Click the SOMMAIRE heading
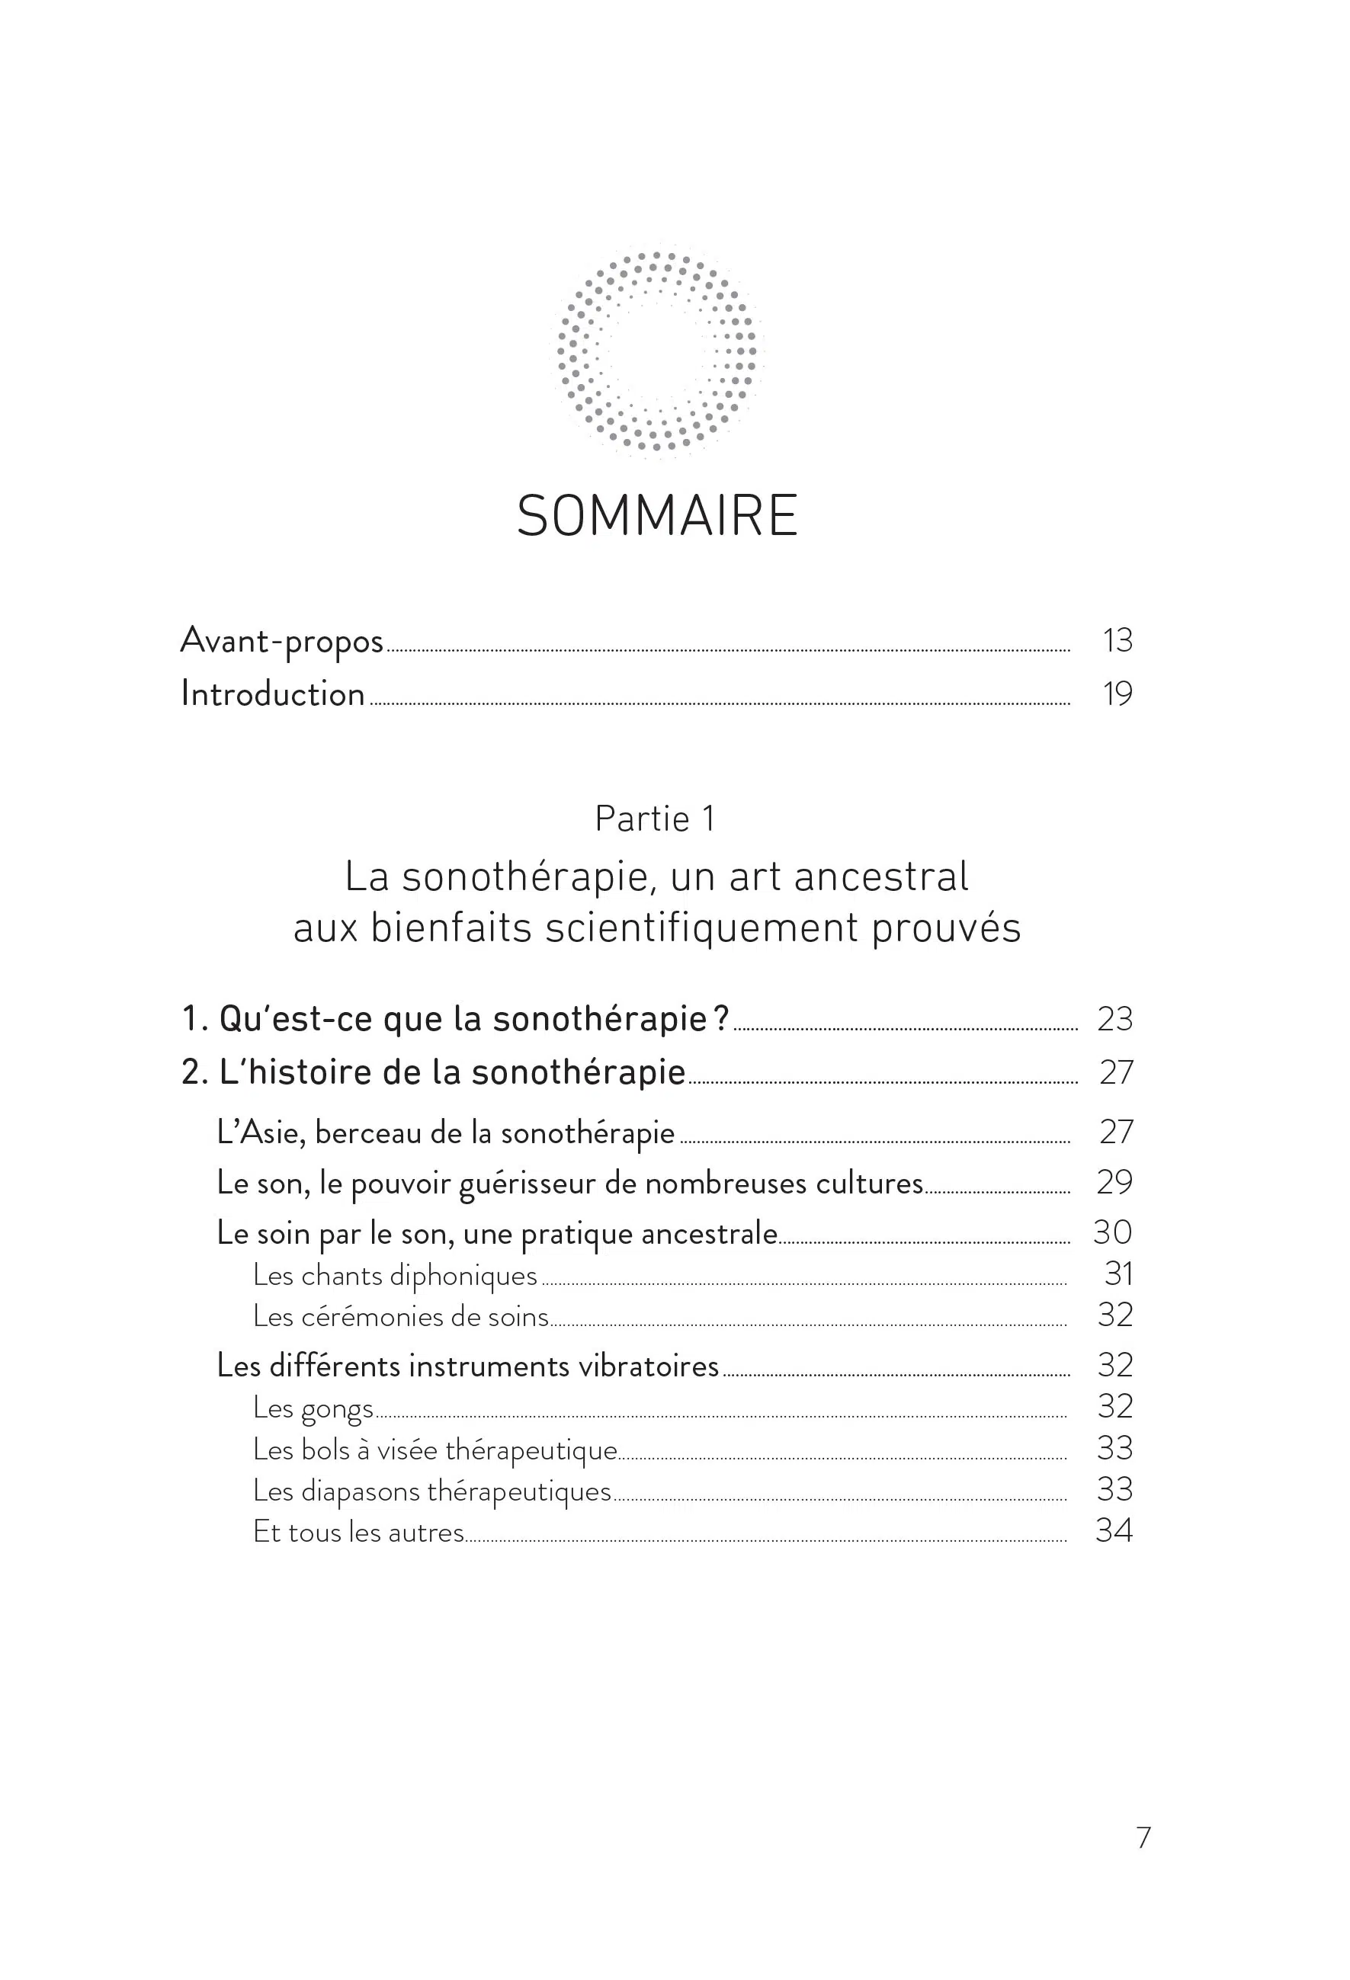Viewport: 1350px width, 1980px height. (x=657, y=516)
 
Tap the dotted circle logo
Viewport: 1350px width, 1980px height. (x=657, y=351)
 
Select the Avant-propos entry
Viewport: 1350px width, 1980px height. (x=282, y=641)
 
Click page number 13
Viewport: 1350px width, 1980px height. (x=1118, y=641)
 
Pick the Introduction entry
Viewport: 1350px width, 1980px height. (x=273, y=694)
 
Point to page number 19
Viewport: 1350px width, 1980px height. (x=1118, y=694)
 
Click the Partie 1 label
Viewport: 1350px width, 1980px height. (x=656, y=819)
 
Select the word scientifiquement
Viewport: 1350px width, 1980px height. (x=701, y=928)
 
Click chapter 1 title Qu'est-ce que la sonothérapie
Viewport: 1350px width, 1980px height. (x=456, y=1019)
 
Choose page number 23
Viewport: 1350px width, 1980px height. (x=1114, y=1019)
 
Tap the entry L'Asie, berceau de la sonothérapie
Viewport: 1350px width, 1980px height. (x=446, y=1133)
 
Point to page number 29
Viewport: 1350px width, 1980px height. (x=1114, y=1183)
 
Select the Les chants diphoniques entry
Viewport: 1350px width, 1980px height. (x=396, y=1275)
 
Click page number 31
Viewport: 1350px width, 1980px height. (x=1118, y=1274)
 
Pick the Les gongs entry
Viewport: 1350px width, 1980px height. (x=313, y=1408)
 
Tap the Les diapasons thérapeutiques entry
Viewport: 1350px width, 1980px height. (x=432, y=1490)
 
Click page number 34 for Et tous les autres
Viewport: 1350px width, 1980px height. (x=1114, y=1531)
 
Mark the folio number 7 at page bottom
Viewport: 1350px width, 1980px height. (x=1143, y=1837)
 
